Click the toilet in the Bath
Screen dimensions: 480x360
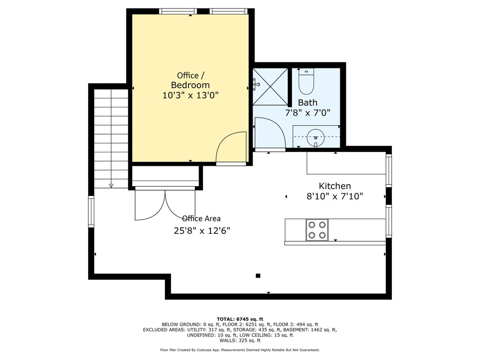(306, 82)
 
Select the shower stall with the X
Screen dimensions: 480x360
(270, 87)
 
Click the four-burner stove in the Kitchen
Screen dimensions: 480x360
(317, 230)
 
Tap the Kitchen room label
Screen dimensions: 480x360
(335, 186)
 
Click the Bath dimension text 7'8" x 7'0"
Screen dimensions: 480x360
(307, 113)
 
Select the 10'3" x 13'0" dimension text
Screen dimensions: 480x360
(190, 95)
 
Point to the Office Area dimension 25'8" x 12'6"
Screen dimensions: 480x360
(202, 231)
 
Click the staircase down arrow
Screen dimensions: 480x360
(111, 186)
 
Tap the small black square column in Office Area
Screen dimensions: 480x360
(258, 276)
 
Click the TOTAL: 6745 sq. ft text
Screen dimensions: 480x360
(240, 319)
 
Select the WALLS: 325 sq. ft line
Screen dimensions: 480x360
(240, 340)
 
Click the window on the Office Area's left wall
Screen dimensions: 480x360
(91, 211)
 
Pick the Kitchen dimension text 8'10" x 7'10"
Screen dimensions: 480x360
(335, 196)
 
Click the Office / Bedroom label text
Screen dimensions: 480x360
(190, 80)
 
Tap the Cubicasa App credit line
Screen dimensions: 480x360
(240, 350)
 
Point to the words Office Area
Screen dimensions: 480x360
(201, 218)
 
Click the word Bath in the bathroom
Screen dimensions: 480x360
(307, 103)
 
